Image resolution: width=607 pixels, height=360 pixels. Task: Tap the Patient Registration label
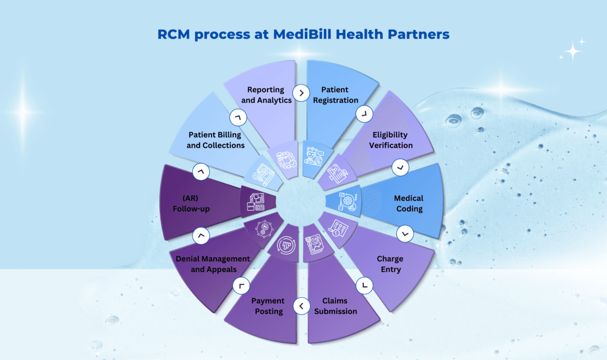(336, 95)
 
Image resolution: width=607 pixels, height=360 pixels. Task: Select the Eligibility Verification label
(391, 140)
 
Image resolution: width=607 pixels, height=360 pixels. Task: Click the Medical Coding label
(409, 203)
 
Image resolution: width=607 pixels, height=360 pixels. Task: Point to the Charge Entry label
(390, 264)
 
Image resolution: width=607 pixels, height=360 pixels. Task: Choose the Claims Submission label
(335, 306)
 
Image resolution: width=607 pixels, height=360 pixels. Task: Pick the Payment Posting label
(268, 306)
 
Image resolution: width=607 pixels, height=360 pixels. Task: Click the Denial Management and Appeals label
(213, 264)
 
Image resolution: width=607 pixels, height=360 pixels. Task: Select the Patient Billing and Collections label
(215, 140)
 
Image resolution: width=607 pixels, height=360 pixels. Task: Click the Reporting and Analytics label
(266, 95)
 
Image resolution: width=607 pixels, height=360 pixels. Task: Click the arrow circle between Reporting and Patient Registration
(301, 93)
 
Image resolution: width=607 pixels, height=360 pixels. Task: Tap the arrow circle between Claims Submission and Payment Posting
(301, 306)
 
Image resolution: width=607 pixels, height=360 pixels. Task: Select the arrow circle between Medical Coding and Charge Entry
(405, 234)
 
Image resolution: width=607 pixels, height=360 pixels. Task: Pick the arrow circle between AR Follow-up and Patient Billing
(200, 170)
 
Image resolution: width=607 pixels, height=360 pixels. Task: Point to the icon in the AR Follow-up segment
(256, 202)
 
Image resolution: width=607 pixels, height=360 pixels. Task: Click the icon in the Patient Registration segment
(313, 156)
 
